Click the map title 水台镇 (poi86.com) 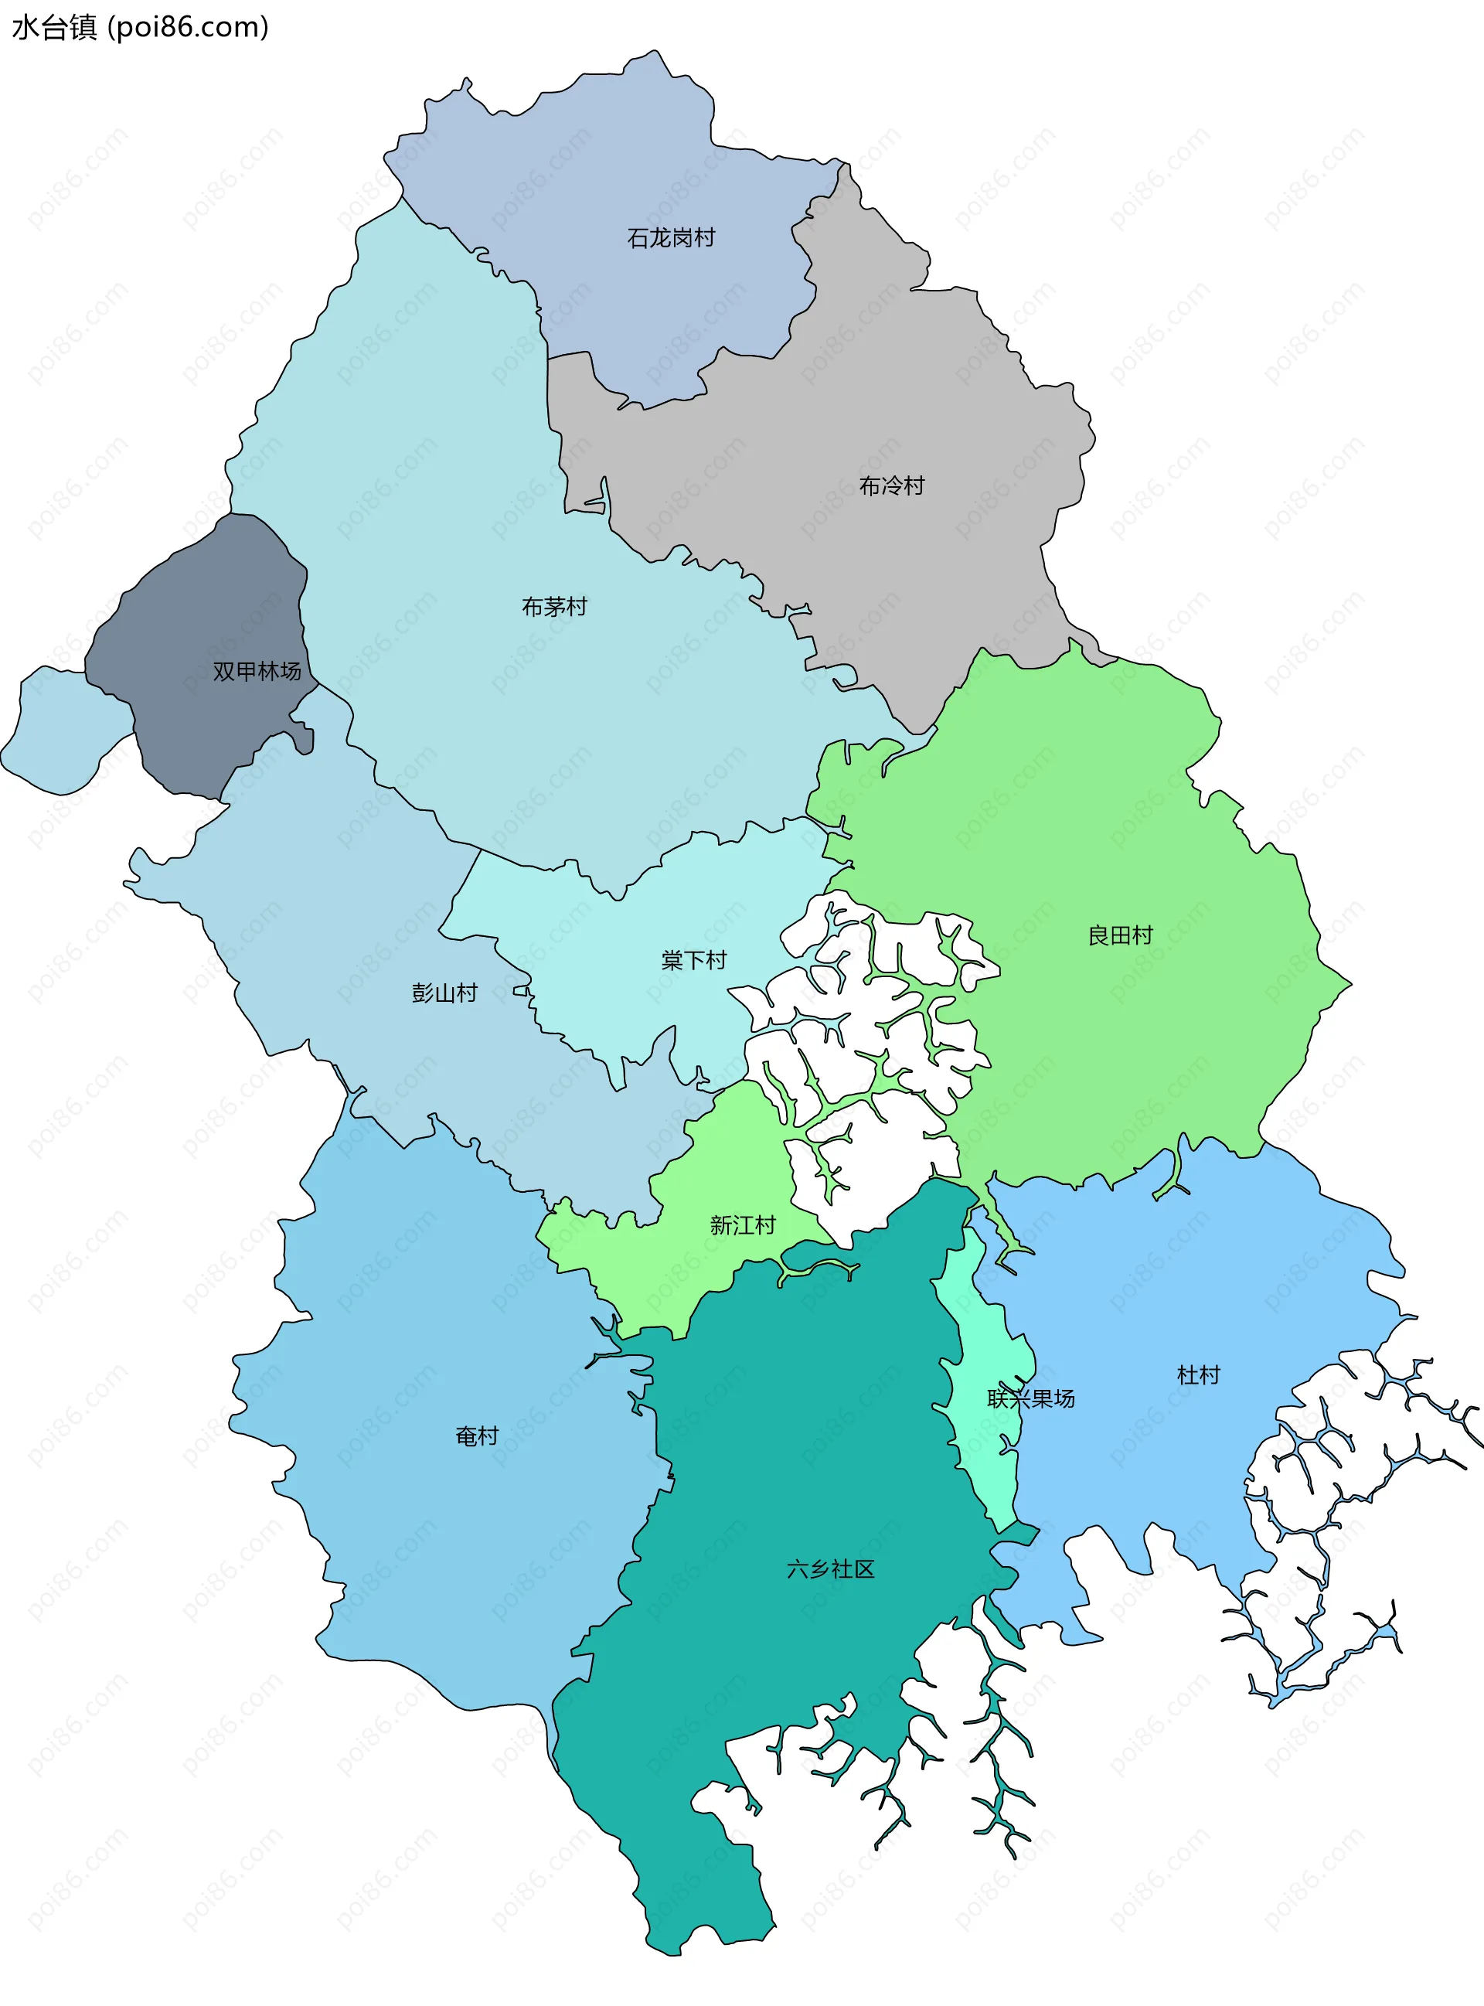click(x=140, y=27)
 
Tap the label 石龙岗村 click(x=670, y=238)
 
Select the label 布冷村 click(x=891, y=486)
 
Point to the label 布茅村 click(x=554, y=606)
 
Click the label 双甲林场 click(x=256, y=671)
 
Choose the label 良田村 click(x=1119, y=935)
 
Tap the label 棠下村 click(x=693, y=960)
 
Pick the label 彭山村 click(x=444, y=993)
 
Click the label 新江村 click(x=742, y=1225)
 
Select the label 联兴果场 click(x=1030, y=1398)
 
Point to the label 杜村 click(x=1198, y=1374)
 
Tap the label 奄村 click(x=476, y=1436)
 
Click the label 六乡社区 click(x=830, y=1568)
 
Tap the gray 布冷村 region click(x=943, y=404)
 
